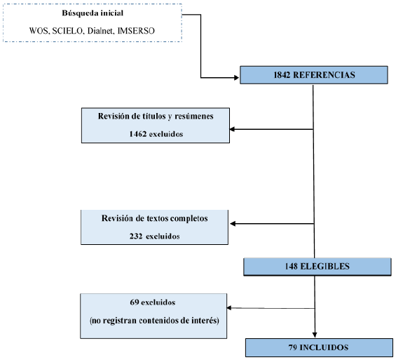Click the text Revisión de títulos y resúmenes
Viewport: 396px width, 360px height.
click(154, 116)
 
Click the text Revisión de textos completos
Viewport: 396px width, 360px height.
click(154, 218)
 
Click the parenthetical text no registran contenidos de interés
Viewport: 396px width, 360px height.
click(154, 320)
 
